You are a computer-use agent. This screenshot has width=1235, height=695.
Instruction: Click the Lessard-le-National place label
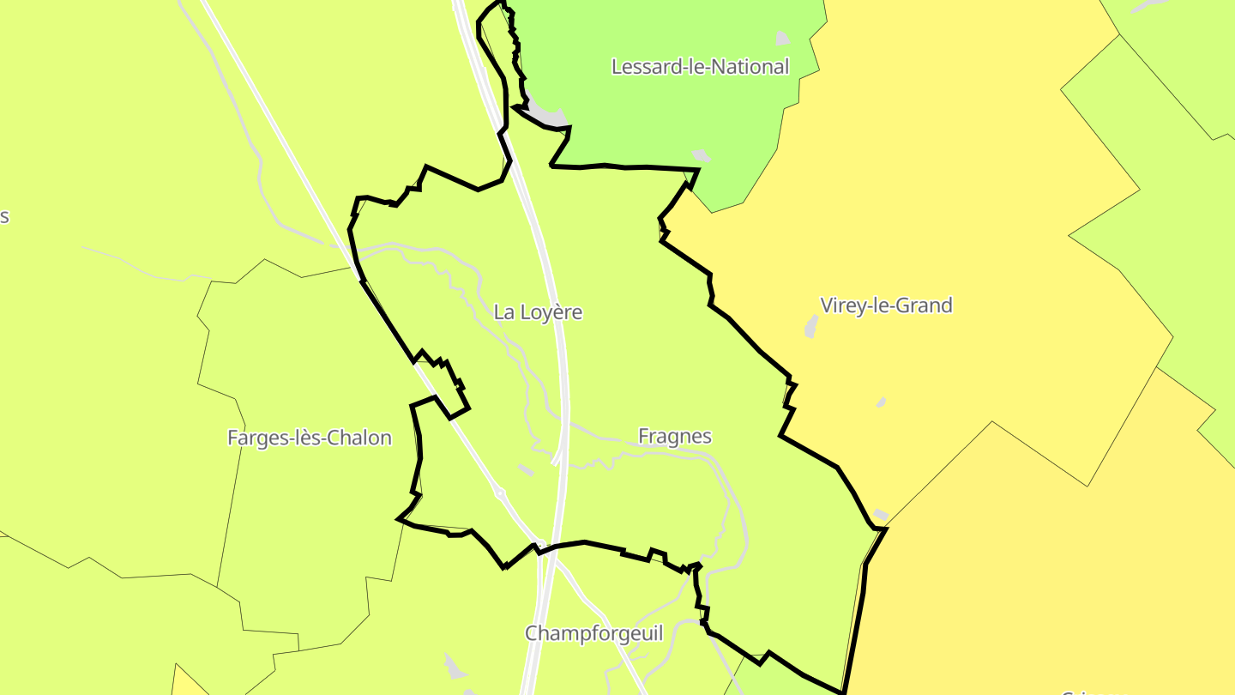click(x=700, y=67)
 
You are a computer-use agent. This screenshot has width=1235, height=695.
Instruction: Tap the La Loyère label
click(x=538, y=312)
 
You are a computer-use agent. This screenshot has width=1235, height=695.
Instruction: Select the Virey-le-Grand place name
click(x=886, y=305)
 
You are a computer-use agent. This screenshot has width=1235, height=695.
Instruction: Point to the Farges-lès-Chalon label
click(x=309, y=438)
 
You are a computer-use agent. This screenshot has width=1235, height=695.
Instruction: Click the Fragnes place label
click(x=675, y=437)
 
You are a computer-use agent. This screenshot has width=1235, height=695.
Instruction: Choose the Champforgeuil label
click(x=593, y=634)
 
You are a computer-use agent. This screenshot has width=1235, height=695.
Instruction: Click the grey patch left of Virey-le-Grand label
click(x=811, y=326)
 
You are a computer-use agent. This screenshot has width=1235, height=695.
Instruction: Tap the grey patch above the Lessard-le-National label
click(x=782, y=38)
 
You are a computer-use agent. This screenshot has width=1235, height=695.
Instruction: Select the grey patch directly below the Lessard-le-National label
click(x=702, y=156)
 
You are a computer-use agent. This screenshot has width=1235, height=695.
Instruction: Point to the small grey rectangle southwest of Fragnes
click(x=526, y=469)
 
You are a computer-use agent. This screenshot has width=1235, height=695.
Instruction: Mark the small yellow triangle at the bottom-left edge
click(x=188, y=682)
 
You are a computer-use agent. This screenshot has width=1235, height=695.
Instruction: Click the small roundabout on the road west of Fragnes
click(x=499, y=494)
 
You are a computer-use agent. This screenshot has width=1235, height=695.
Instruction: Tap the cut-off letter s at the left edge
click(x=3, y=216)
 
